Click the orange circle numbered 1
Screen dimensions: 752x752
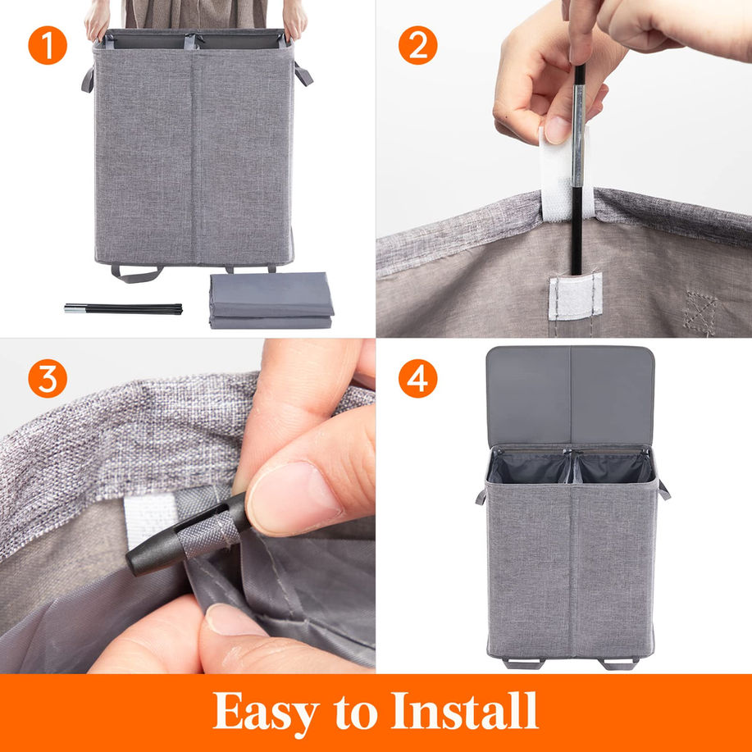48,45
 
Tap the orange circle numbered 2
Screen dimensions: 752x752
417,45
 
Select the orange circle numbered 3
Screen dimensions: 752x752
48,378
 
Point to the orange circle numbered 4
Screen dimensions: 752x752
417,378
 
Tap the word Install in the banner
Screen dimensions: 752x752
464,710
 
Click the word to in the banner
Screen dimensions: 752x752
355,713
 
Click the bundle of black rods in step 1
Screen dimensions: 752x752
123,309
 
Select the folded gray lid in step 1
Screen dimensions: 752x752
271,301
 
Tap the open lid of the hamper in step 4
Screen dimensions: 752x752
570,396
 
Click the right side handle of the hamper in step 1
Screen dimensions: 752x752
303,74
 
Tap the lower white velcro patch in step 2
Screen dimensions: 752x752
575,296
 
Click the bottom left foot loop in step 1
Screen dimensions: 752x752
137,274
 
